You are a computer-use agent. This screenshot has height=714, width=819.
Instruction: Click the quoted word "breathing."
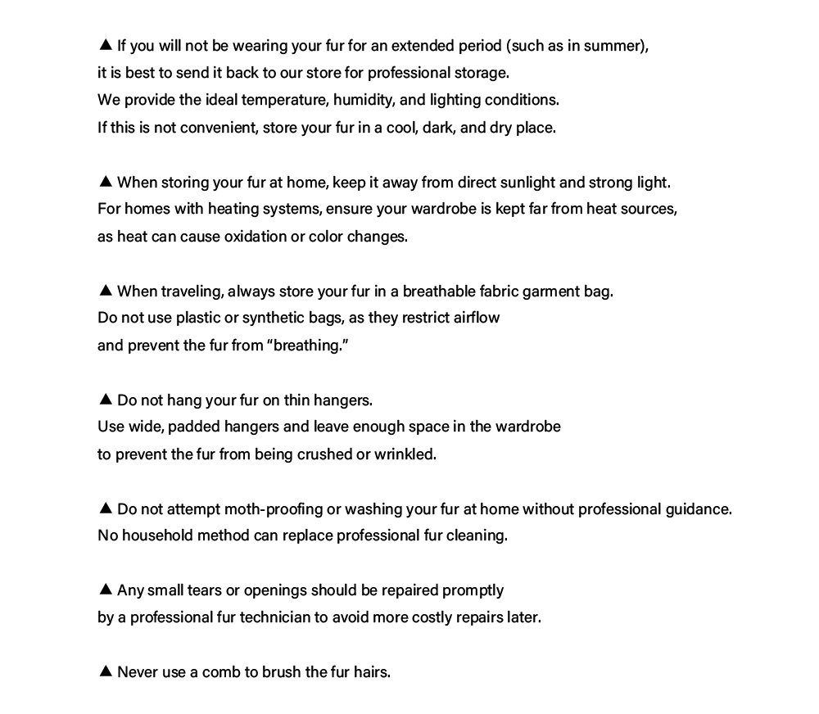(308, 345)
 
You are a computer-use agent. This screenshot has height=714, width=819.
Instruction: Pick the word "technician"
(275, 617)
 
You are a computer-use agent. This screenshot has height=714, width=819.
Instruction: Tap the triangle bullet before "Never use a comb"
(105, 671)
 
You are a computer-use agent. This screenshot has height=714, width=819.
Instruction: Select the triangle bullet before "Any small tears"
(105, 590)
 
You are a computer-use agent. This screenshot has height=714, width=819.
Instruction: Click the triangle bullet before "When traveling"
(105, 290)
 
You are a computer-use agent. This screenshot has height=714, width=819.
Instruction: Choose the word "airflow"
(476, 318)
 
